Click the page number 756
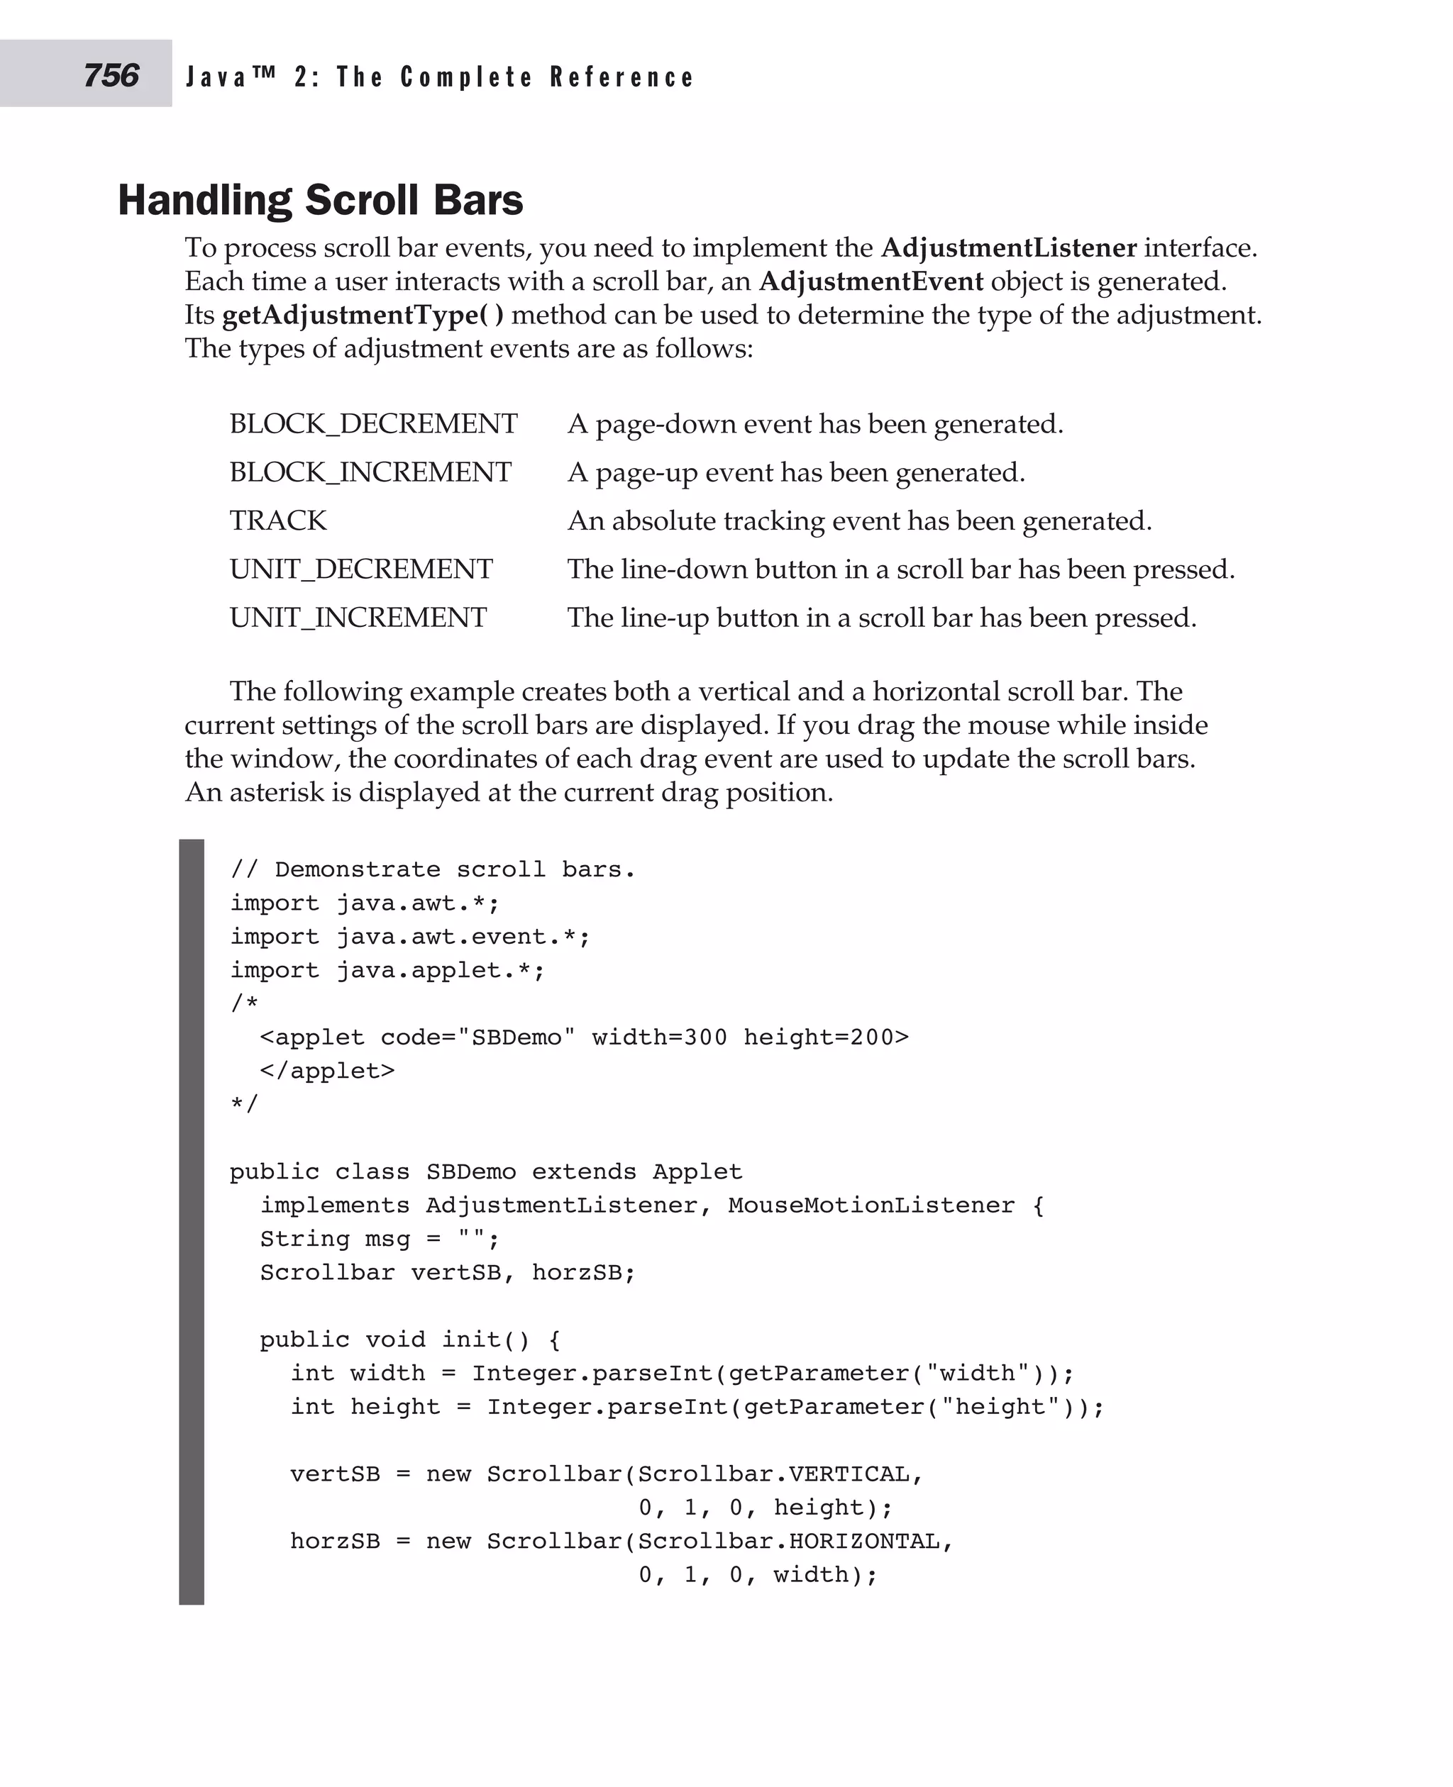pos(111,75)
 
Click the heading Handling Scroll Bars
pos(320,200)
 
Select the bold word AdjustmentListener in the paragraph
pos(1009,248)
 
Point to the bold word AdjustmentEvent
pos(871,282)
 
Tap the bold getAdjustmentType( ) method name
pos(363,316)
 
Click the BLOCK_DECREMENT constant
pos(373,424)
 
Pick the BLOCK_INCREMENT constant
pos(370,473)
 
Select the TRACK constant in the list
pos(278,521)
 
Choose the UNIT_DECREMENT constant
pos(360,569)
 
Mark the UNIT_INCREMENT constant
pos(358,618)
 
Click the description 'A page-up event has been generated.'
pos(796,473)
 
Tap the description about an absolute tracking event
pos(860,521)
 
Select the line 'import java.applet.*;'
pos(387,971)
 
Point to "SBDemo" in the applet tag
pos(516,1037)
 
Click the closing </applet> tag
pos(327,1071)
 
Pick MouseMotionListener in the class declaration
pos(871,1206)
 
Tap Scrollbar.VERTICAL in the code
pos(773,1474)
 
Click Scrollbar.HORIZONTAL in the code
pos(788,1541)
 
